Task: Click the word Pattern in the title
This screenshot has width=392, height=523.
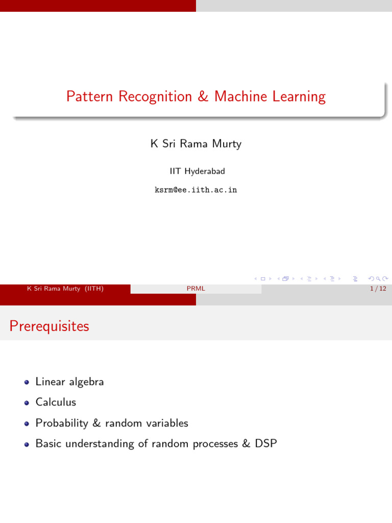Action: [x=90, y=97]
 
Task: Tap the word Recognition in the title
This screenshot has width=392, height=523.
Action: [x=155, y=97]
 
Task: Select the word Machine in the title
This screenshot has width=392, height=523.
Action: [x=241, y=97]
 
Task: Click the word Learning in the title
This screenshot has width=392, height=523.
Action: [x=299, y=97]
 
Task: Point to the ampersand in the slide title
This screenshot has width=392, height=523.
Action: [x=203, y=97]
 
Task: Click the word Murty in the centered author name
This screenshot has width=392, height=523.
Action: [x=227, y=144]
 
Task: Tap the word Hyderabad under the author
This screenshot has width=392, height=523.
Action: [x=205, y=171]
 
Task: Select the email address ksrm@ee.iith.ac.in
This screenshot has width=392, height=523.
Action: [x=196, y=190]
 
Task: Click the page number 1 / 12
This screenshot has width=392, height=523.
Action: [x=378, y=289]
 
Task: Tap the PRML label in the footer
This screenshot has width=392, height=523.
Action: [x=196, y=289]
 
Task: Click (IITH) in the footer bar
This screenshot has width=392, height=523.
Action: [x=94, y=289]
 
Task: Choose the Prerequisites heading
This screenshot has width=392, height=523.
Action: [x=50, y=326]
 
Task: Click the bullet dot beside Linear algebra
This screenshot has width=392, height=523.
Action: [x=27, y=382]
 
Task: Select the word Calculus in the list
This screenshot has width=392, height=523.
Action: [x=56, y=402]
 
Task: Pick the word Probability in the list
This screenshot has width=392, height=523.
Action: [x=62, y=423]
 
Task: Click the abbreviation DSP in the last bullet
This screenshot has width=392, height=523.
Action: [x=266, y=443]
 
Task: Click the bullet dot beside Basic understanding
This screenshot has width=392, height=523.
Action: [x=27, y=444]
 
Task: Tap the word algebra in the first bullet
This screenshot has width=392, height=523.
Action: [x=87, y=382]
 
